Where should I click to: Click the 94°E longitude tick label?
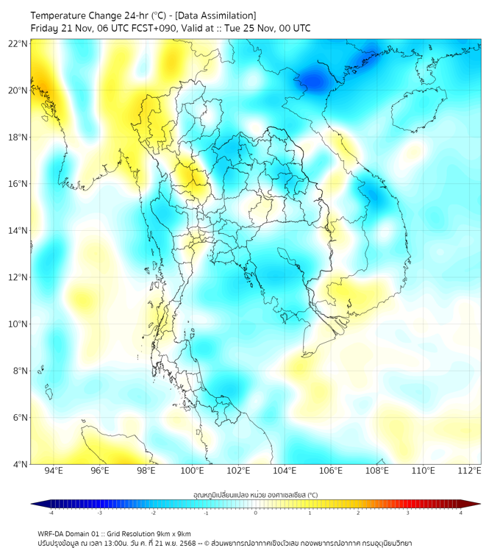coord(54,471)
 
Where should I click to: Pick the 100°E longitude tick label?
coord(192,471)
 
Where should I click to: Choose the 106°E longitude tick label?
coord(331,471)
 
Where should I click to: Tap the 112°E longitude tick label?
coord(470,471)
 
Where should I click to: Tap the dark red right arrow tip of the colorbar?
coord(476,504)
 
